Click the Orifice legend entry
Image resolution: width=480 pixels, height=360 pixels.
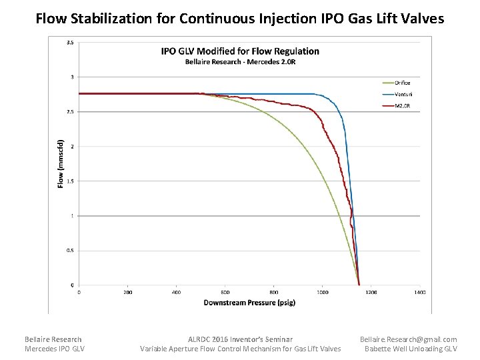pos(402,83)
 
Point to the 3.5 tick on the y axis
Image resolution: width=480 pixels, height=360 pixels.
pos(70,43)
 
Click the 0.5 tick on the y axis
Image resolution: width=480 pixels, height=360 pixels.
pos(70,251)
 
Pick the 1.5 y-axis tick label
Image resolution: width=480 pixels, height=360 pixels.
pos(70,181)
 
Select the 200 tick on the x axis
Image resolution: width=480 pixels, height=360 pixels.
pos(128,292)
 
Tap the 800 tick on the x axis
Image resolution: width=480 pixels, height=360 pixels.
pos(274,292)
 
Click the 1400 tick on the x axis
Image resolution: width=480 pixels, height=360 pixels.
pos(419,292)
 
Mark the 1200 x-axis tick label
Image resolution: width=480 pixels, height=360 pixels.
pos(371,292)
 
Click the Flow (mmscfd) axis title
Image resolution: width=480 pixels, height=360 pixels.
pos(61,163)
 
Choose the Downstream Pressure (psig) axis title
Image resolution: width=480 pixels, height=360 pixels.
pos(249,303)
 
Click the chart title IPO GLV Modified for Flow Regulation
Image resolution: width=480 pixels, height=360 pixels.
pos(240,51)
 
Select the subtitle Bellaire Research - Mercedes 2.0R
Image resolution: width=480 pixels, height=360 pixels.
pos(240,62)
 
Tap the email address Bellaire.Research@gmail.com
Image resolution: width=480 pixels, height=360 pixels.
pos(408,339)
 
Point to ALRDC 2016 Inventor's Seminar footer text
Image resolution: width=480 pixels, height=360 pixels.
pos(240,339)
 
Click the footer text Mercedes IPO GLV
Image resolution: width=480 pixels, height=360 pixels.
pos(55,349)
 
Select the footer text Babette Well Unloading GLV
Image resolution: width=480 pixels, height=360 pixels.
pos(411,349)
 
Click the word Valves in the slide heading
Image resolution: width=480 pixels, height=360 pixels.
pos(422,19)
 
